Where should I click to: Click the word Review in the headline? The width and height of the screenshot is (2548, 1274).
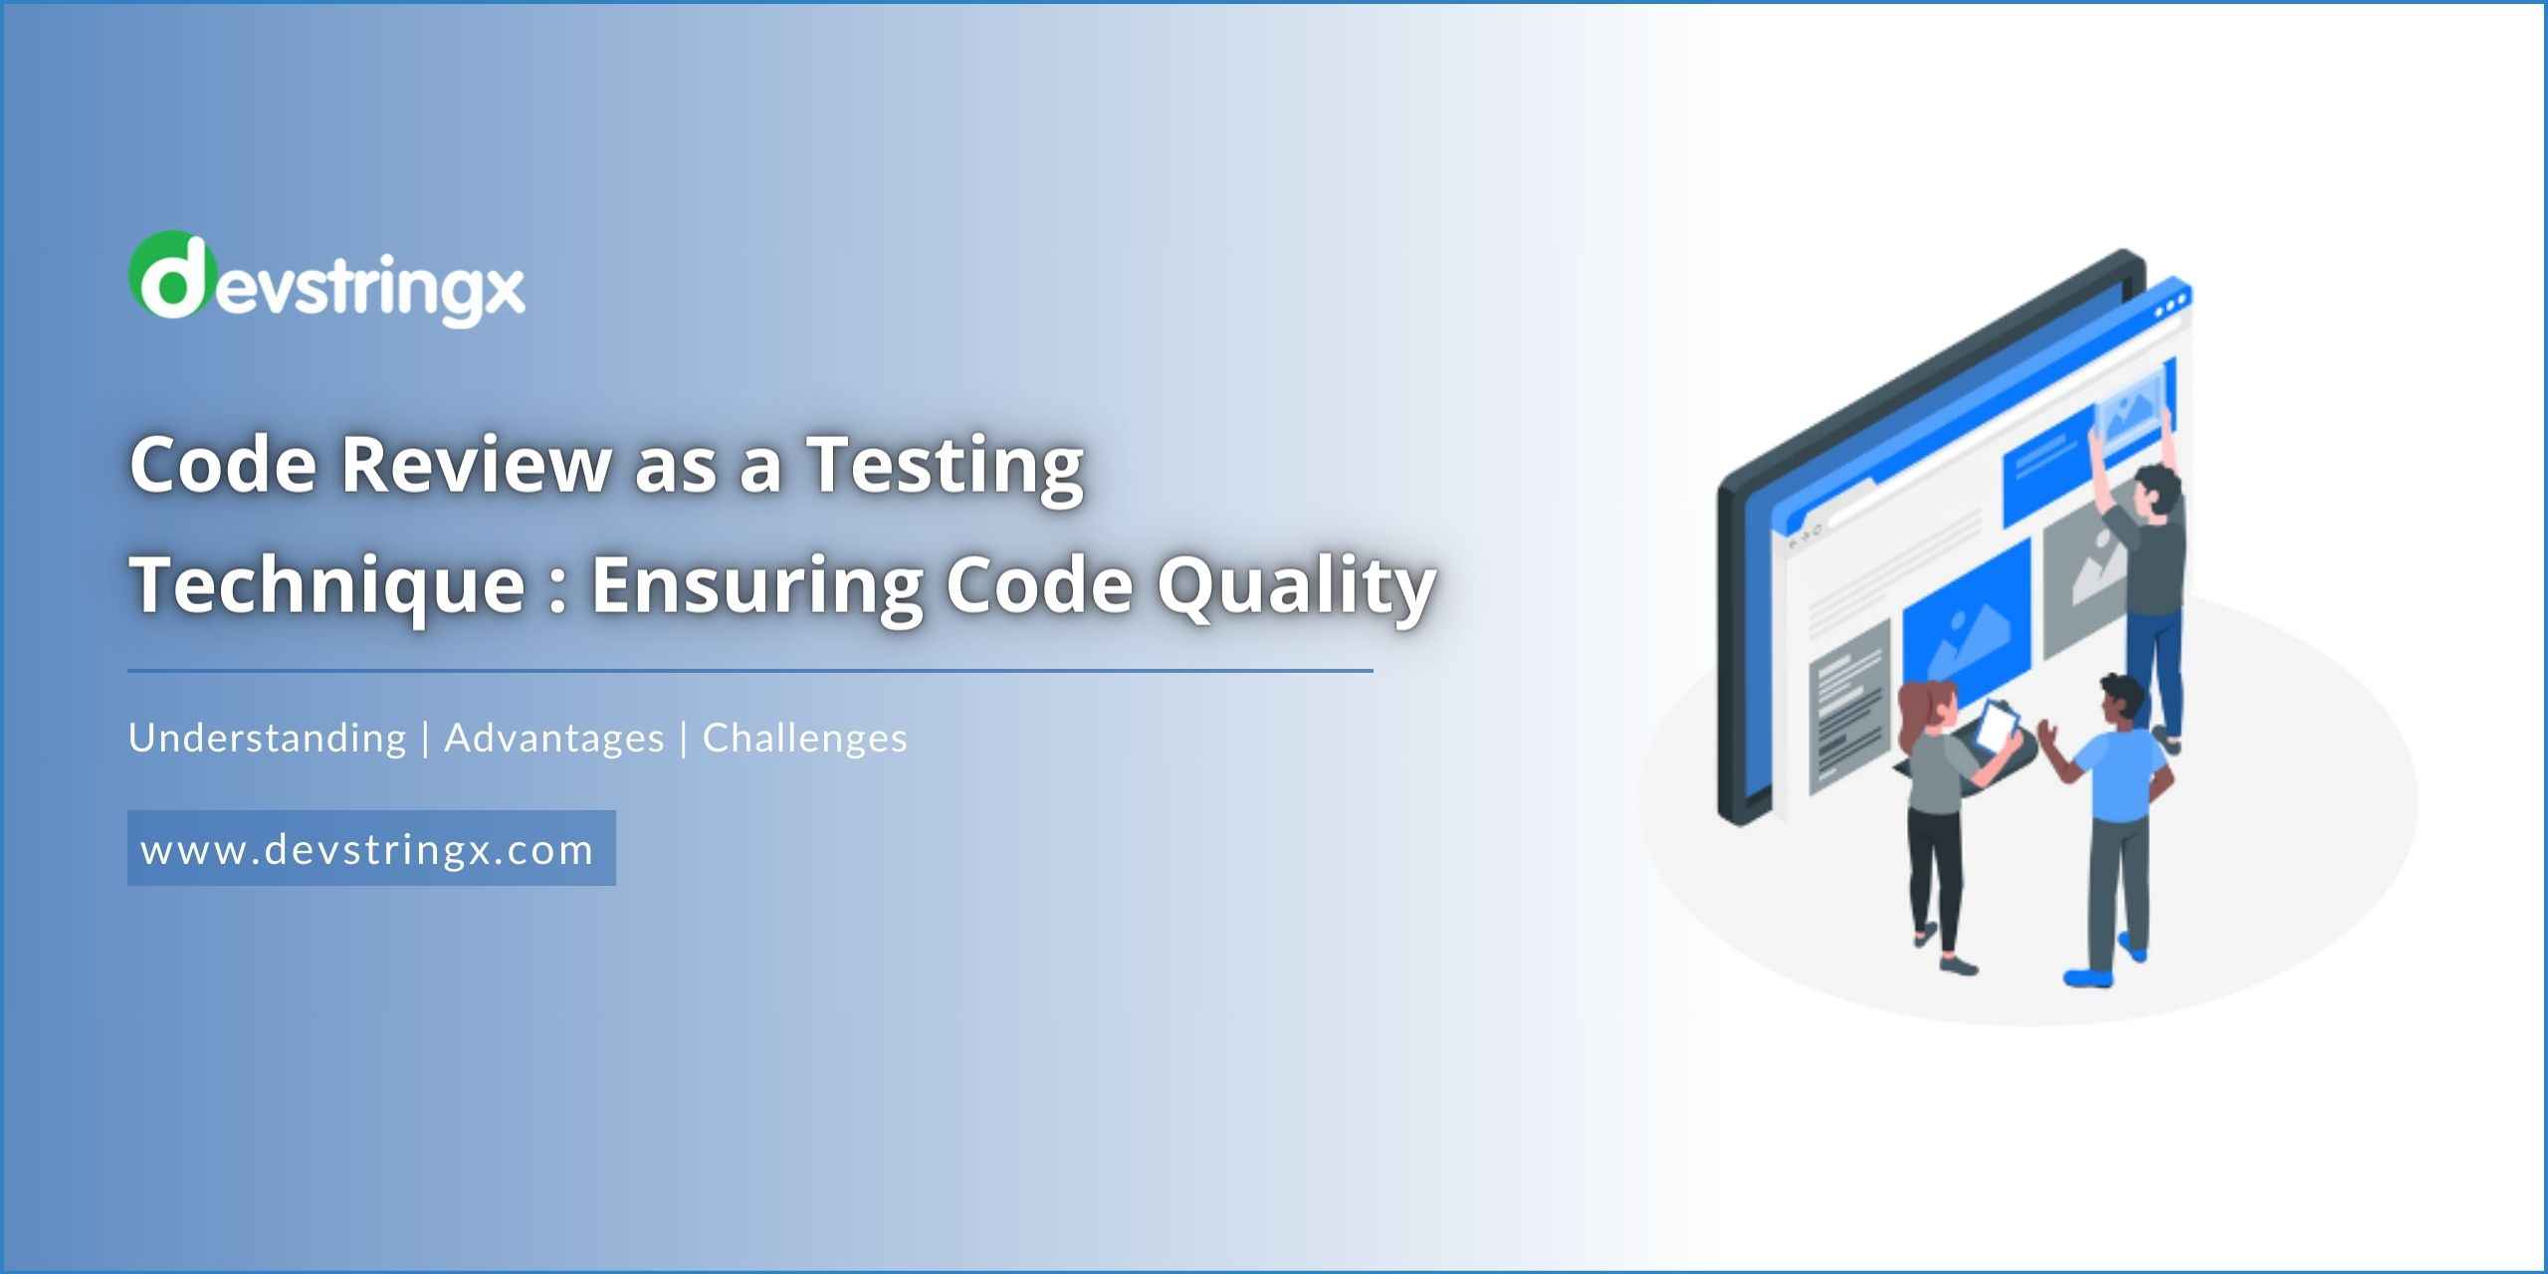point(476,465)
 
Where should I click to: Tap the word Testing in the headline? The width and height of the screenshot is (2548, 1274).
point(945,465)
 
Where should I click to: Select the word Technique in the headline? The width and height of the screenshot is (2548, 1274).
point(327,585)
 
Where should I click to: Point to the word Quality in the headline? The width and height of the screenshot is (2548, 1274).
point(1296,585)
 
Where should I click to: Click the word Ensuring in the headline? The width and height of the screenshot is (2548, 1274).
point(756,585)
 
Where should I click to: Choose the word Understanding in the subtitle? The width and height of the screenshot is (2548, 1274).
point(268,739)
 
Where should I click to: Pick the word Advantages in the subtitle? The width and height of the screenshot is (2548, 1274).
point(554,739)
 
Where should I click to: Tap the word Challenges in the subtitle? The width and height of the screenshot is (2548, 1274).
point(805,739)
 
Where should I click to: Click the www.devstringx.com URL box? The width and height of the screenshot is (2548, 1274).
point(371,848)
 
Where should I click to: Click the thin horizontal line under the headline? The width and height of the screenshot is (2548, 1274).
point(750,671)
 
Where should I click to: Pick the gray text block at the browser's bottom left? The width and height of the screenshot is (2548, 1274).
point(1847,707)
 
